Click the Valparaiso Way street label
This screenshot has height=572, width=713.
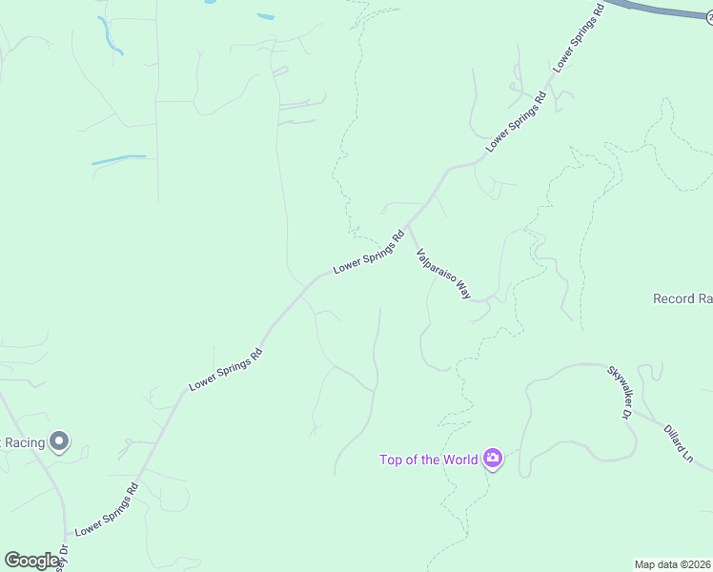443,275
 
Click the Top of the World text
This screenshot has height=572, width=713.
428,460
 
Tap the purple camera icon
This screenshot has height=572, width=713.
493,460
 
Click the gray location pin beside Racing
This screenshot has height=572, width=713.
59,440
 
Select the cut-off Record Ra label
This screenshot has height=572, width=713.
682,299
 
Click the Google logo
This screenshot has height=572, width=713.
31,561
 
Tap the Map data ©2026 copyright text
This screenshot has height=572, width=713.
673,564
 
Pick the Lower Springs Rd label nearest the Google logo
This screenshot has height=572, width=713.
107,509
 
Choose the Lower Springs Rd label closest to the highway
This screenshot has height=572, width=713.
578,41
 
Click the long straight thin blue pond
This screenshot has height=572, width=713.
119,159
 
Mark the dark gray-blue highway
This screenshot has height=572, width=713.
667,10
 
